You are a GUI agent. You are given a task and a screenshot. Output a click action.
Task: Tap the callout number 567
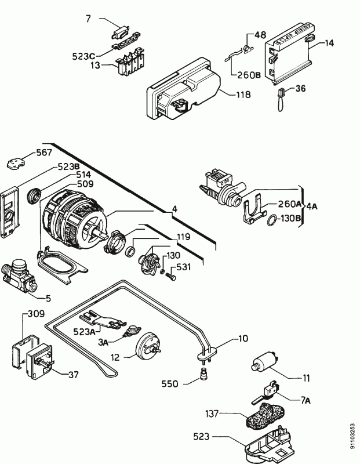[x=43, y=153]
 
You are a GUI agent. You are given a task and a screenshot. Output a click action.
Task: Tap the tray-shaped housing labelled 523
[x=266, y=448]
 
